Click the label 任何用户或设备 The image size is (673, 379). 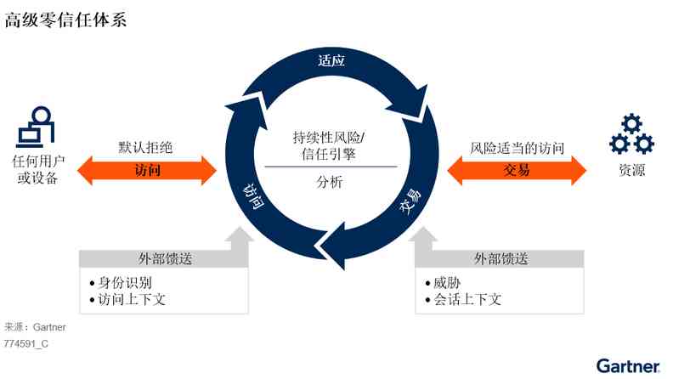pos(36,170)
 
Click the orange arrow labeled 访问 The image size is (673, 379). pos(147,170)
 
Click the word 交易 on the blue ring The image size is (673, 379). pos(411,205)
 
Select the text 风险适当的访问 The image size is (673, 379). pos(517,148)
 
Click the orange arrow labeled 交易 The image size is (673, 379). pos(517,170)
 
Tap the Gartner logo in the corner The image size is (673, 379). pos(627,366)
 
